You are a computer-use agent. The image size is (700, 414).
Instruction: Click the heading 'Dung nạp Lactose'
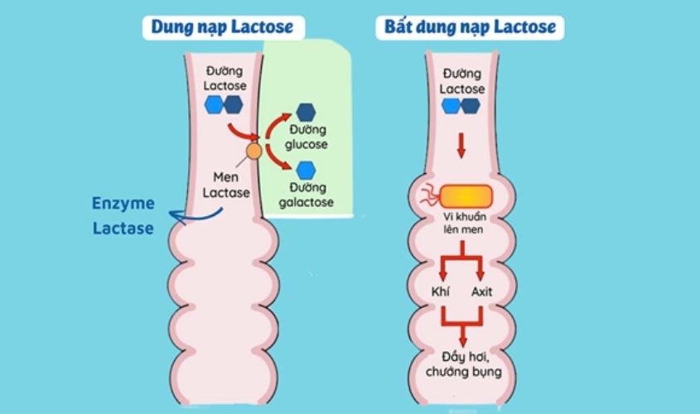[x=221, y=27]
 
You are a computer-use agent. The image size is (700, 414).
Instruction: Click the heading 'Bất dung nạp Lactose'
[x=470, y=27]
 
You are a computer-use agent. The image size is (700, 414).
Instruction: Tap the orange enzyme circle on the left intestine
[x=253, y=152]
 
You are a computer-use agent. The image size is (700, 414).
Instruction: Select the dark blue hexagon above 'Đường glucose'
[x=306, y=111]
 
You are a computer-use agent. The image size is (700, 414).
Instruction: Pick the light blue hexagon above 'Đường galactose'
[x=307, y=171]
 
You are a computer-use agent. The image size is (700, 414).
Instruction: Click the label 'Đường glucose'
[x=308, y=137]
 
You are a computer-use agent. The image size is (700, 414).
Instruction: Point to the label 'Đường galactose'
[x=307, y=195]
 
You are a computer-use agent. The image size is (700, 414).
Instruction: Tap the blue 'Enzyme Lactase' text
[x=123, y=217]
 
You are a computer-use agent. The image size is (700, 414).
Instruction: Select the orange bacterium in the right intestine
[x=466, y=197]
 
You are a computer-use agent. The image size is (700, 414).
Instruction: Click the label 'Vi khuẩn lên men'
[x=463, y=224]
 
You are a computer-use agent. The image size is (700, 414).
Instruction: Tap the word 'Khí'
[x=441, y=291]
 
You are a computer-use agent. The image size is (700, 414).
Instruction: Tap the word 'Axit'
[x=482, y=291]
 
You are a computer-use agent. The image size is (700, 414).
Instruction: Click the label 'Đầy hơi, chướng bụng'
[x=463, y=363]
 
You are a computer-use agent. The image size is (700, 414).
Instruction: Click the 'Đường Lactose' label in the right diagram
[x=462, y=81]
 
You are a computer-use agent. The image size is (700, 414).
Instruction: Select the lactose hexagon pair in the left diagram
[x=224, y=104]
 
